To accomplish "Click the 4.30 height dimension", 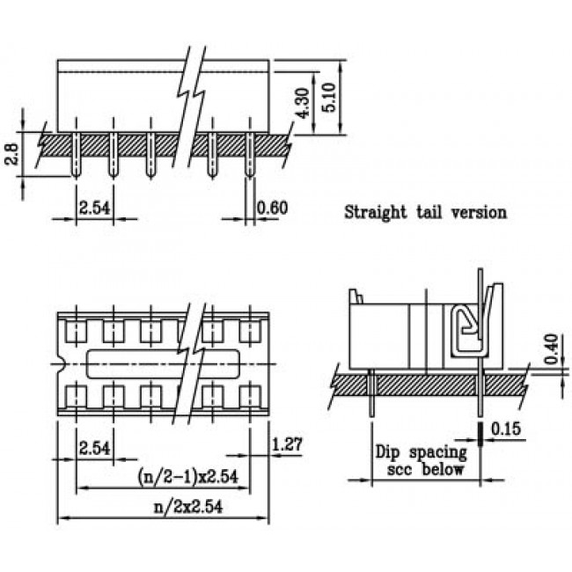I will pos(302,104).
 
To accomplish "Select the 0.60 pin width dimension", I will pos(272,208).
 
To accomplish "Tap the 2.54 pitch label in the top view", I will pos(94,447).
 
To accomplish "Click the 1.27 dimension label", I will pos(288,446).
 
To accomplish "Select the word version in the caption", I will pos(480,211).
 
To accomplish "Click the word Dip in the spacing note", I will pos(388,453).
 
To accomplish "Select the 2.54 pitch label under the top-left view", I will pos(94,208).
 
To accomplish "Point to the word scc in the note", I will pos(400,469).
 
